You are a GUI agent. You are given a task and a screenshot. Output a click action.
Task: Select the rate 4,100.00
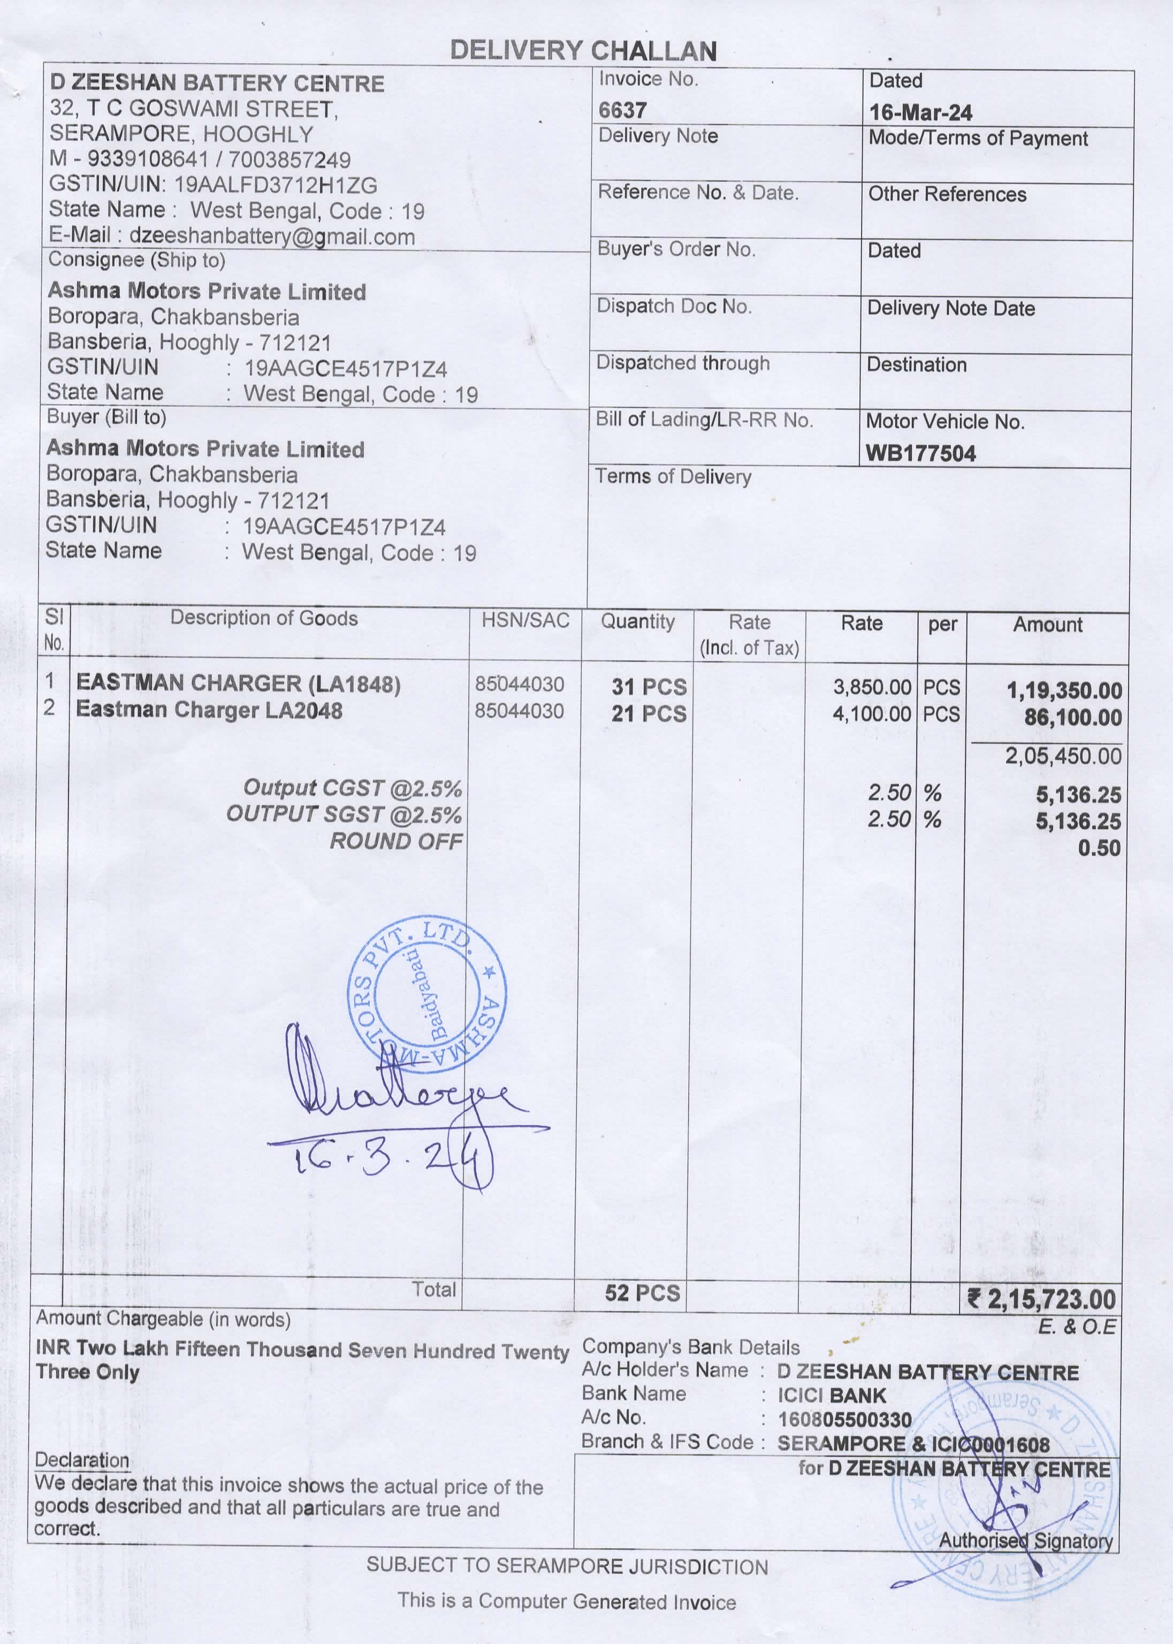[871, 714]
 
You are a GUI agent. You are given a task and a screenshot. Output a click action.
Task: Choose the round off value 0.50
[1099, 848]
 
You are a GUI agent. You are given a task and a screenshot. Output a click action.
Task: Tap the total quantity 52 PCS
[642, 1293]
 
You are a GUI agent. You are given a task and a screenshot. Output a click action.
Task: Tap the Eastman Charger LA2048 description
[209, 710]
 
